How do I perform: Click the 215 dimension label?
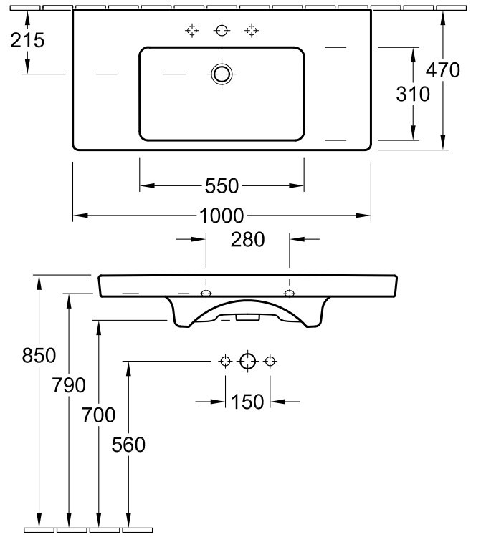tap(28, 40)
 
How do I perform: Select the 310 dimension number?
tap(412, 93)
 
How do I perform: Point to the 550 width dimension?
tap(221, 186)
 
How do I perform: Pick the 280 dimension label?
tap(248, 239)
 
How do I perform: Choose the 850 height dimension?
tap(19, 356)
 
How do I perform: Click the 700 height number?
tap(98, 415)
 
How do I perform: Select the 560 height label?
tap(128, 445)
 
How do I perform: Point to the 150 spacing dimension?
tap(248, 402)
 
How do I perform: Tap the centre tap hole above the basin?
tap(222, 30)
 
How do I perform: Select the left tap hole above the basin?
tap(191, 30)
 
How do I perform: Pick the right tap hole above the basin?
tap(251, 30)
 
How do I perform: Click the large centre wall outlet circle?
tap(247, 361)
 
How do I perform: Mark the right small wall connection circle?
tap(270, 361)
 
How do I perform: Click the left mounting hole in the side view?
tap(206, 294)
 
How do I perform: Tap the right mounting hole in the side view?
tap(290, 294)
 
